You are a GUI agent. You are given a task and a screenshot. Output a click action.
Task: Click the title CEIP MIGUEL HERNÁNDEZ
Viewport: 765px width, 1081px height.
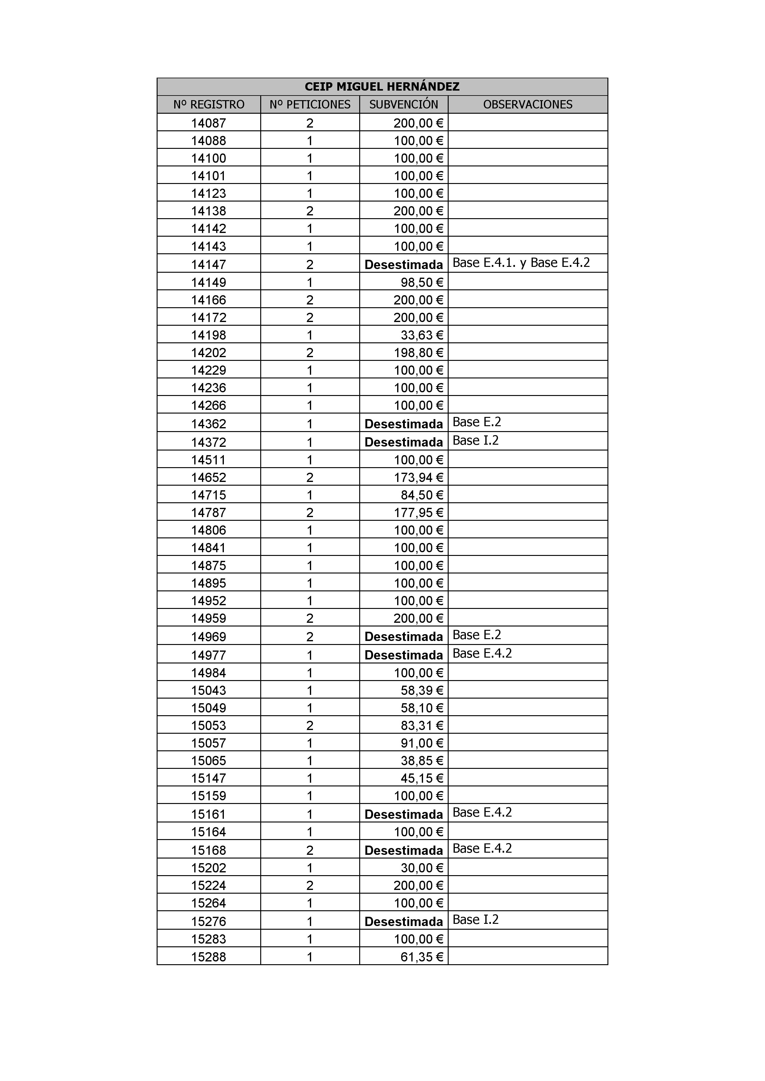tap(382, 87)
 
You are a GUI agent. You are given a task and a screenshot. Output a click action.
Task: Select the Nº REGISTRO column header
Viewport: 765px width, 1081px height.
tap(209, 104)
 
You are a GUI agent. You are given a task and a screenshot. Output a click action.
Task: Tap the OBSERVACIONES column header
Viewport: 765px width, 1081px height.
tap(528, 104)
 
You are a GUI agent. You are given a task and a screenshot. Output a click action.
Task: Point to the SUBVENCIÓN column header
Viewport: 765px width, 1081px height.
tap(404, 104)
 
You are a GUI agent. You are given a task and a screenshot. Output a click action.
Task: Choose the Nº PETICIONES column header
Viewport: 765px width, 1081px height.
tap(310, 104)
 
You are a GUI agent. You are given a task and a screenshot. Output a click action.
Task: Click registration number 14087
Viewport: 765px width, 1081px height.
tap(209, 123)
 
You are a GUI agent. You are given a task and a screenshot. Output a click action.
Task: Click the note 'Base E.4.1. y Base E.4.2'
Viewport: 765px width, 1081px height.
tap(521, 263)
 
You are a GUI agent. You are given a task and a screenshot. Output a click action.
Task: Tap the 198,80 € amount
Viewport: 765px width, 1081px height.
tap(418, 353)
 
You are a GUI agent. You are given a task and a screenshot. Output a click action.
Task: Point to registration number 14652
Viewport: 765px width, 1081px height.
tap(209, 477)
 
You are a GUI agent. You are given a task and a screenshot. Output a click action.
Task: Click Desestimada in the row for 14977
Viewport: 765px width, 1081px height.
tap(404, 655)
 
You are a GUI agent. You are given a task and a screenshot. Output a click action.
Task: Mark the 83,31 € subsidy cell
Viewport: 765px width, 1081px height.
tap(422, 725)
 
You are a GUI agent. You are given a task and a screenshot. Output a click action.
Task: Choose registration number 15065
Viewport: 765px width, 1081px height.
tap(209, 761)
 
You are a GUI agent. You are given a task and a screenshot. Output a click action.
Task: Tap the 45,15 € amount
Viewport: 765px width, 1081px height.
tap(422, 778)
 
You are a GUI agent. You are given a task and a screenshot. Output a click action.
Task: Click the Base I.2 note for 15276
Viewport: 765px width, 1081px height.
tap(475, 920)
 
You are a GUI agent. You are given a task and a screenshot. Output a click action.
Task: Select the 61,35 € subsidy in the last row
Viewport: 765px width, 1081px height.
tap(422, 957)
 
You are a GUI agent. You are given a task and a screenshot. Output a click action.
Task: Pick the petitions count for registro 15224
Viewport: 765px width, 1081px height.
tap(310, 886)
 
